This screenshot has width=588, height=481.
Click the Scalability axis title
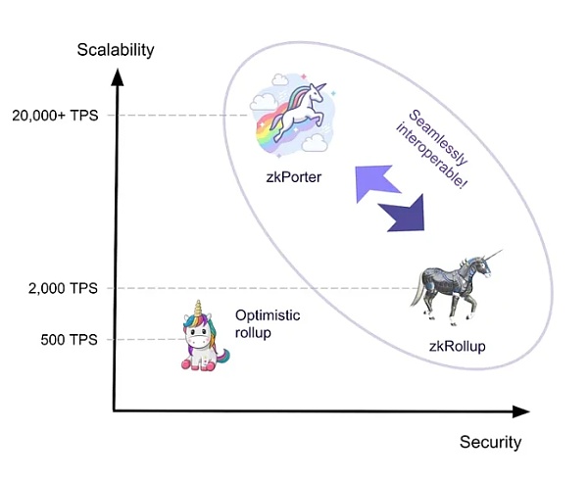tap(114, 50)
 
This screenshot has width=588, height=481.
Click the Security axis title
tap(490, 442)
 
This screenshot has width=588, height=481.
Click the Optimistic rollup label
tap(268, 323)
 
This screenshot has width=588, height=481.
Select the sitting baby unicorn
tap(201, 338)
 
